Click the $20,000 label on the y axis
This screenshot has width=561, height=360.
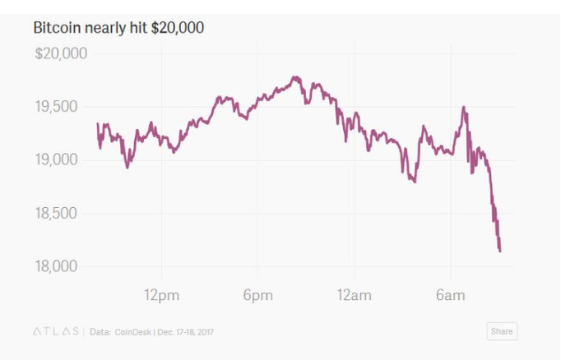click(x=61, y=54)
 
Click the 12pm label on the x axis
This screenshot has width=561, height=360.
click(x=161, y=295)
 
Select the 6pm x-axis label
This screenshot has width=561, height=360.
click(x=257, y=295)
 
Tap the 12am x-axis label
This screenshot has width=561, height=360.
click(x=355, y=295)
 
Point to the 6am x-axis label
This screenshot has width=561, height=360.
click(x=451, y=295)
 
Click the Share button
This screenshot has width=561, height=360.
click(x=501, y=331)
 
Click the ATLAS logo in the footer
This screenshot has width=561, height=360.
click(x=54, y=331)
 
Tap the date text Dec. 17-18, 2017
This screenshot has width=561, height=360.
click(x=192, y=331)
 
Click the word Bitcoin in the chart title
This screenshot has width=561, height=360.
click(x=54, y=28)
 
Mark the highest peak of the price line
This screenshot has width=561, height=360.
click(x=294, y=77)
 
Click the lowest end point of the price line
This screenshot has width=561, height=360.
click(x=500, y=251)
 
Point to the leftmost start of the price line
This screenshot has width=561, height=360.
click(x=97, y=124)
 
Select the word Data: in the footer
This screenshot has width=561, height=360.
click(x=100, y=331)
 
